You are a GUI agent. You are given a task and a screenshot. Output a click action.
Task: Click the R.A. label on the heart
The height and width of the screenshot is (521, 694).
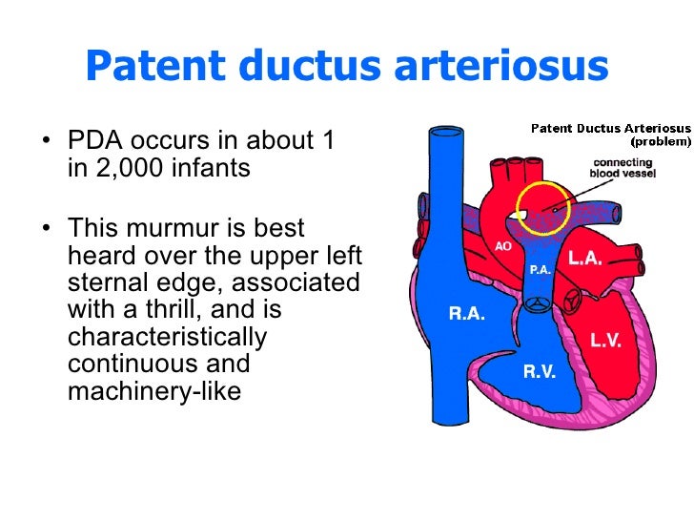pyautogui.click(x=467, y=314)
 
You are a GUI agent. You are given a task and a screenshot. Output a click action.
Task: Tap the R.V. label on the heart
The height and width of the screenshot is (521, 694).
pyautogui.click(x=540, y=372)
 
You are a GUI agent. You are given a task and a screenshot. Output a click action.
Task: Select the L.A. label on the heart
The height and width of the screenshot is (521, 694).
pyautogui.click(x=585, y=259)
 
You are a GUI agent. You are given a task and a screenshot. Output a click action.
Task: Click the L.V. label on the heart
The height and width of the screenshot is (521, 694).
pyautogui.click(x=605, y=340)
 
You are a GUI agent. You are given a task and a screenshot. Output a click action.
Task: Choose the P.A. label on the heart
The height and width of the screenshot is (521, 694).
pyautogui.click(x=540, y=270)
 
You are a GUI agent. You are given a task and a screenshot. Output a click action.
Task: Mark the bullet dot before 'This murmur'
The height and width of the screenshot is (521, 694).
pyautogui.click(x=48, y=230)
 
